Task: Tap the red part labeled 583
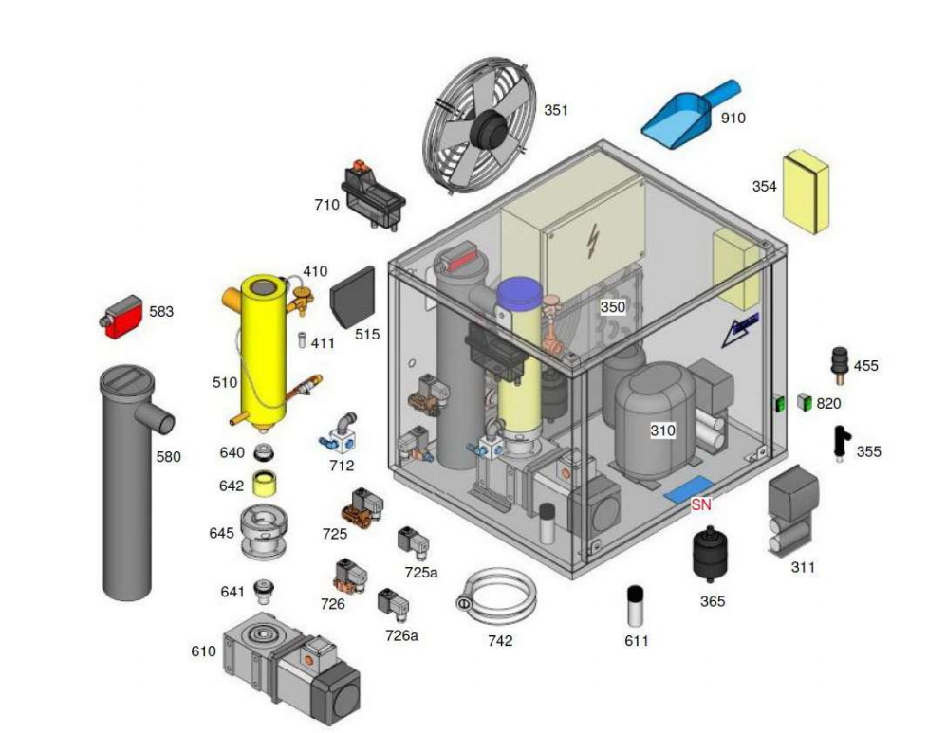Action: tap(121, 317)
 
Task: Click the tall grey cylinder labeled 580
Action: tap(128, 484)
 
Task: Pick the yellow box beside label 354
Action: tap(806, 191)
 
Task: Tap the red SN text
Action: tap(700, 504)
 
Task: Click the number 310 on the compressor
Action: tap(662, 431)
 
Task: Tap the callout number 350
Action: tap(612, 307)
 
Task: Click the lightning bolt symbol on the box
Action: tap(593, 244)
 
